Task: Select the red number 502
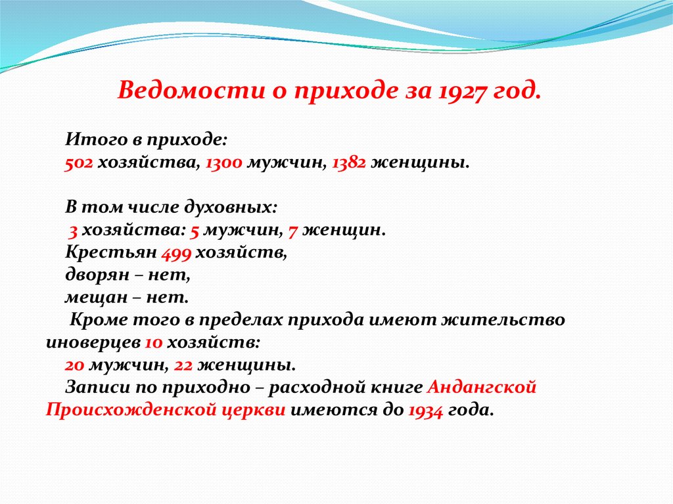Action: coord(79,163)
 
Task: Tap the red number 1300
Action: coord(224,163)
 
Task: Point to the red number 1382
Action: coord(349,163)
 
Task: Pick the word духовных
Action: coord(231,208)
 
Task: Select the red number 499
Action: coord(176,253)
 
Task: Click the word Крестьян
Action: coord(111,252)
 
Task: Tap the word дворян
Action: coord(97,275)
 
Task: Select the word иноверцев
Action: coord(93,343)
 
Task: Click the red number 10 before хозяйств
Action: coord(154,343)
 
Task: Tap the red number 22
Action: coord(183,365)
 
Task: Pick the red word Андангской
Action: coord(482,387)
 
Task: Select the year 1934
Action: coord(425,411)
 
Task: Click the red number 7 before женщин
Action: coord(293,231)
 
